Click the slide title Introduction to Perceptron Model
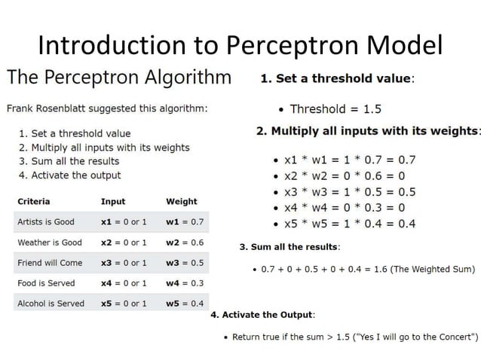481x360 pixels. (x=240, y=45)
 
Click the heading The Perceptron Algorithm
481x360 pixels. (x=119, y=78)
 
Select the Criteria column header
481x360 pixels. (x=34, y=201)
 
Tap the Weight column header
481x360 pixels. (x=181, y=201)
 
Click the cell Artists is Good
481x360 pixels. (x=46, y=222)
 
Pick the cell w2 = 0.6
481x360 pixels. (x=185, y=243)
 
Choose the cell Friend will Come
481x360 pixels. (x=50, y=263)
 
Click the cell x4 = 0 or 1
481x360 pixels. (x=123, y=283)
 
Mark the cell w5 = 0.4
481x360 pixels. (x=185, y=304)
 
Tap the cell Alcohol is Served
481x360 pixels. (x=51, y=304)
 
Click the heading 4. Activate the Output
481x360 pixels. (x=264, y=314)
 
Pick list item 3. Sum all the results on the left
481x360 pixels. (x=69, y=161)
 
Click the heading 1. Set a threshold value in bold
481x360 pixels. (x=337, y=78)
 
